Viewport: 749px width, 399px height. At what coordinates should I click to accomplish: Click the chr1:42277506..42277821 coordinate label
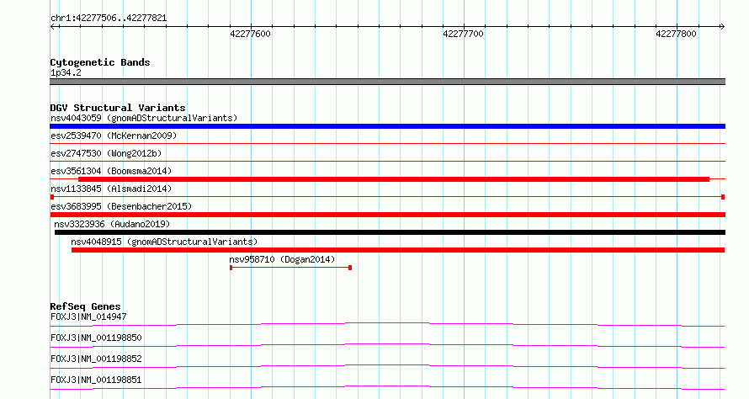(109, 19)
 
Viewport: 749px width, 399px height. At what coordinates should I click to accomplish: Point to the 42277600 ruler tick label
(250, 34)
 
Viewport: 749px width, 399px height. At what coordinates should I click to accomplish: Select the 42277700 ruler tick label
(464, 34)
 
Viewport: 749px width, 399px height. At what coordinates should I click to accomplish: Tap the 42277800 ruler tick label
(676, 34)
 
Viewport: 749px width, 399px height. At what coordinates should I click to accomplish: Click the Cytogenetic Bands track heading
(100, 62)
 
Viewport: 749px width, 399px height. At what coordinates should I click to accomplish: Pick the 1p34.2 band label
(66, 73)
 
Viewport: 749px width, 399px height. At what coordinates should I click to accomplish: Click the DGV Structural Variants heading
(118, 108)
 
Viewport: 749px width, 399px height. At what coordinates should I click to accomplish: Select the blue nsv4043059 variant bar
(387, 126)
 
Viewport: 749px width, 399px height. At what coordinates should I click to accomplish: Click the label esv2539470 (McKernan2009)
(114, 136)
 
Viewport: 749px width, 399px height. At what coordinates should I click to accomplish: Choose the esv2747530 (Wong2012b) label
(106, 153)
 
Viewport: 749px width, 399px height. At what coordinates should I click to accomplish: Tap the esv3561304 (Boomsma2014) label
(111, 171)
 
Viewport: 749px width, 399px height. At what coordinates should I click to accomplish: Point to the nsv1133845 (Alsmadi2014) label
(111, 189)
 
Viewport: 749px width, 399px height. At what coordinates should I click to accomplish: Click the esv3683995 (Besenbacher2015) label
(121, 206)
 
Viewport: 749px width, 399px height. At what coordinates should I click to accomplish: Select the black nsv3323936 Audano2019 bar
(390, 232)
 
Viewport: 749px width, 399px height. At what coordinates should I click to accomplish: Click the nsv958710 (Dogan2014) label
(282, 259)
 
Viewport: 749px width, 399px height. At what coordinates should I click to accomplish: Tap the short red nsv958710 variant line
(290, 268)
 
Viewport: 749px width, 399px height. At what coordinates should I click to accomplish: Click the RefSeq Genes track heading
(85, 306)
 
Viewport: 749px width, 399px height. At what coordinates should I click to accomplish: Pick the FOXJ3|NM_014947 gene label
(88, 317)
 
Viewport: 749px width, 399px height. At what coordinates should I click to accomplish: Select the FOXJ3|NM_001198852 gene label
(96, 359)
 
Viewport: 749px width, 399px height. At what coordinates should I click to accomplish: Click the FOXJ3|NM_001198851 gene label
(96, 380)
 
